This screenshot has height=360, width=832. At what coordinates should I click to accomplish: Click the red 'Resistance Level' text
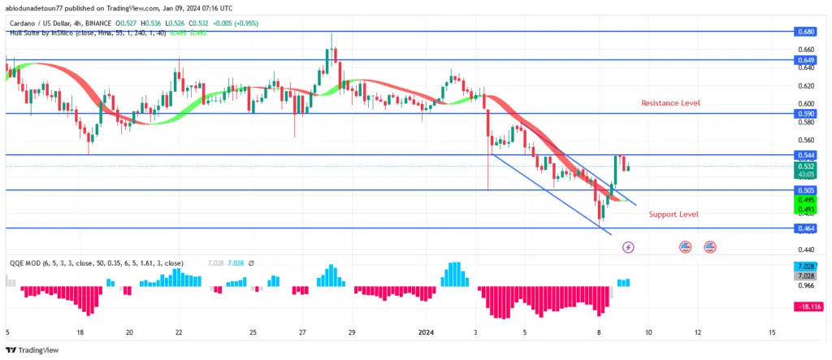click(669, 103)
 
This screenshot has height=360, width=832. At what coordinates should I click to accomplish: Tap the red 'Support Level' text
click(674, 215)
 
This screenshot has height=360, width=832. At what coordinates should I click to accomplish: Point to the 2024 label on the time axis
click(427, 332)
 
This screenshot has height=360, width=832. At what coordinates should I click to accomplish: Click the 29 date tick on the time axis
click(351, 332)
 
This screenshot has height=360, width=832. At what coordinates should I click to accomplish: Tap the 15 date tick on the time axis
click(772, 332)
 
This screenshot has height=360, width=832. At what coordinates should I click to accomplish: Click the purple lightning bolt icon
click(627, 246)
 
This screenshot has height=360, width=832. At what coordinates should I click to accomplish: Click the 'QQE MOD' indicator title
click(24, 263)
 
